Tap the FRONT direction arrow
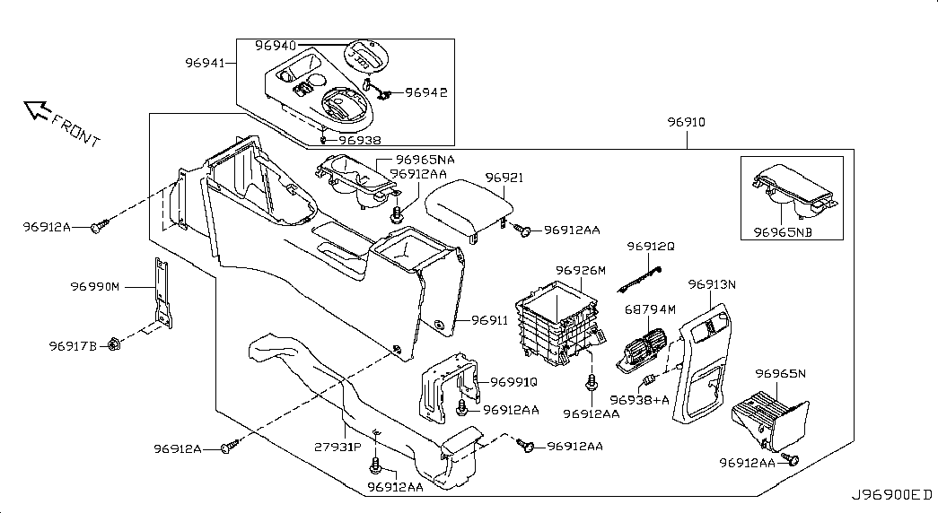pos(39,110)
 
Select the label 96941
pos(206,64)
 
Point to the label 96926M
pos(581,270)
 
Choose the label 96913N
pos(712,284)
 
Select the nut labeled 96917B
pos(115,343)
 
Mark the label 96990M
pos(95,287)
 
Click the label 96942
pos(426,92)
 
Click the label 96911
pos(490,319)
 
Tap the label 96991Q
pos(514,381)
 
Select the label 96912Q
pos(651,246)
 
